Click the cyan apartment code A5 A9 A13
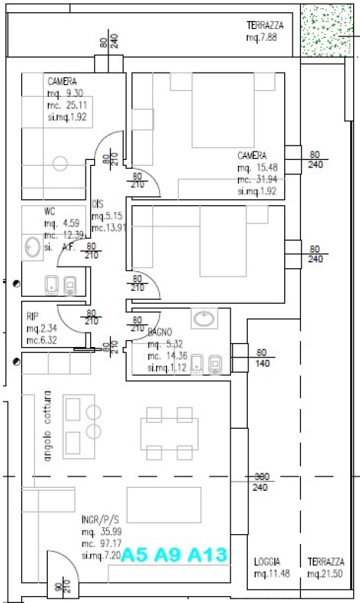coord(174,555)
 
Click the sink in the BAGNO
coord(204,319)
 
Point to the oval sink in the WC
coord(32,246)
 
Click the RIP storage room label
coord(33,316)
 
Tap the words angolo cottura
coord(47,426)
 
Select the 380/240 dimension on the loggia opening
coord(261,482)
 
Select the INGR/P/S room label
coord(100,521)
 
